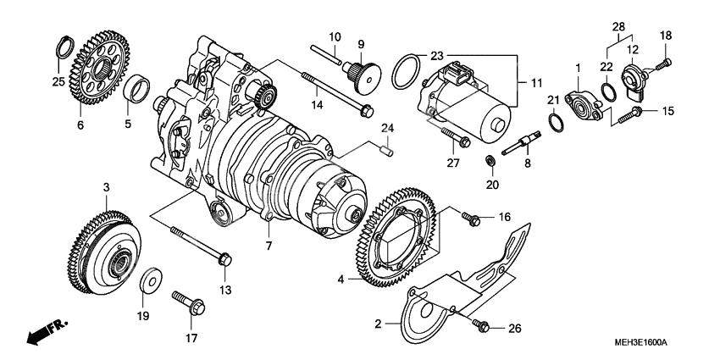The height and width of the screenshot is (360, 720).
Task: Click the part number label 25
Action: pos(58,81)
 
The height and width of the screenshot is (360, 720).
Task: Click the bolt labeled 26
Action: pos(481,324)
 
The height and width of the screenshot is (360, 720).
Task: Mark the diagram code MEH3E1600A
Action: pos(641,342)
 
